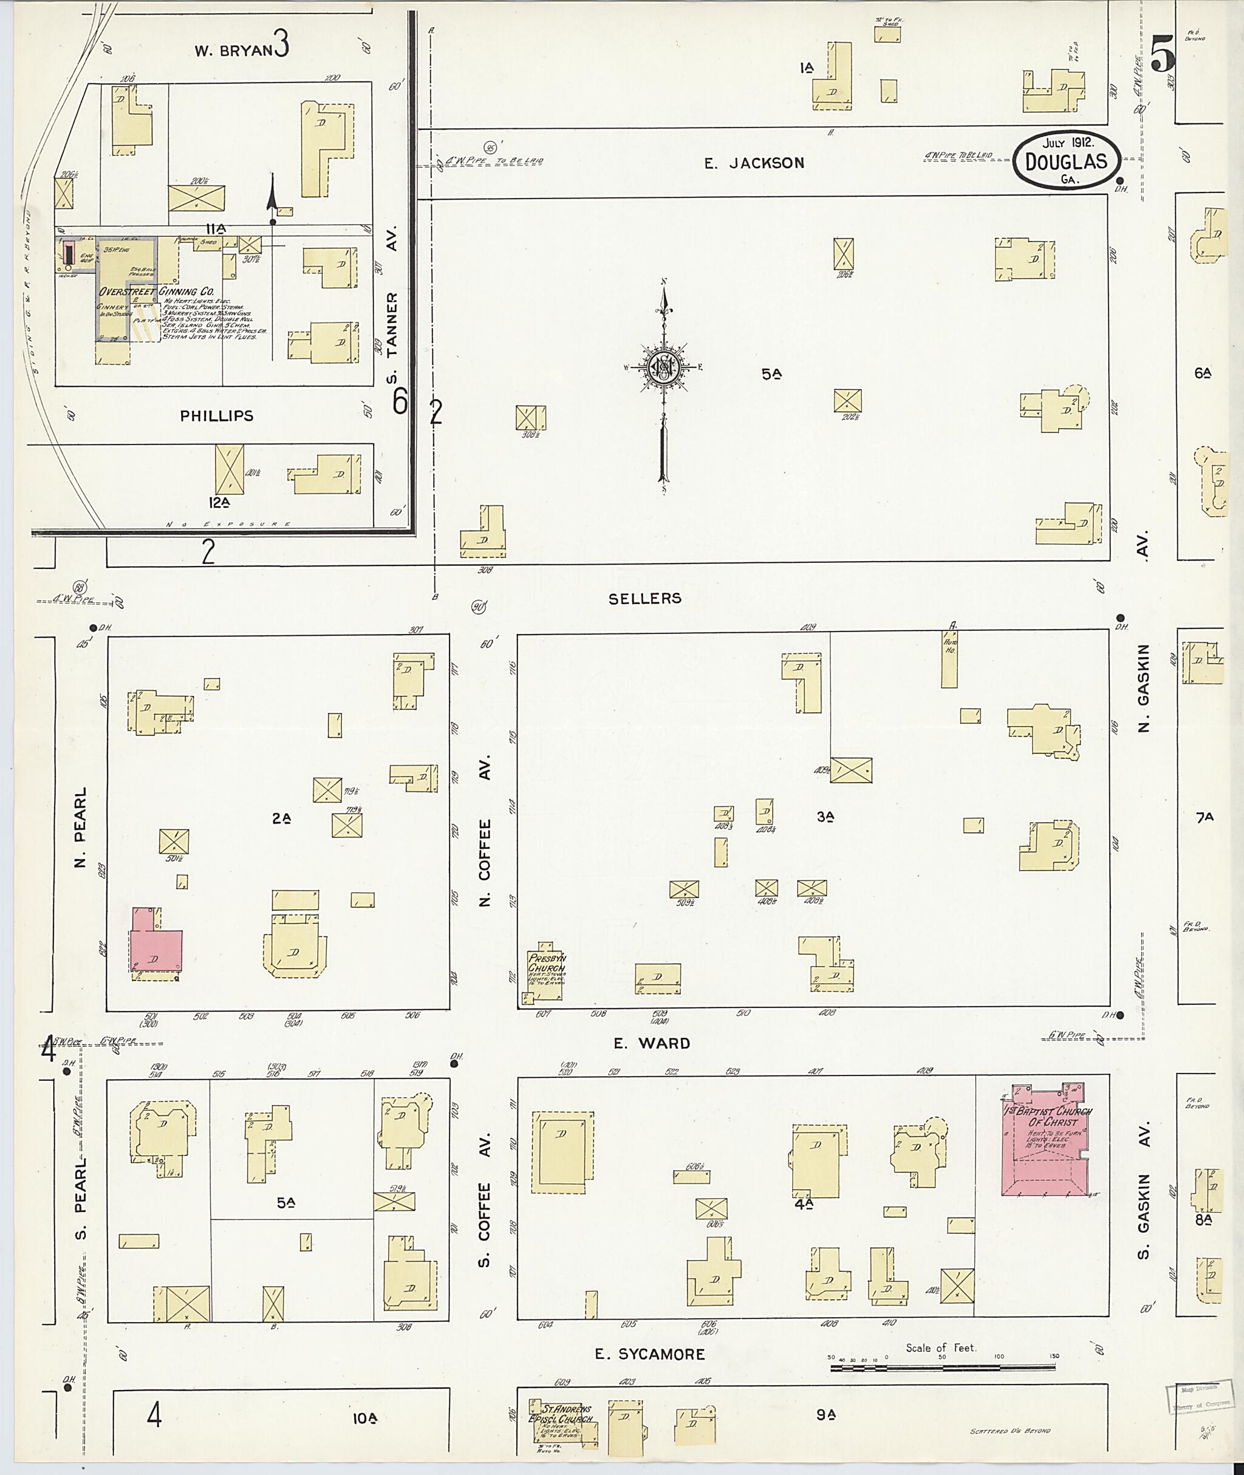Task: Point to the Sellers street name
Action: pos(645,599)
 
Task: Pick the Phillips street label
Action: pos(216,416)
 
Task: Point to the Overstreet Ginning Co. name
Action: pos(157,291)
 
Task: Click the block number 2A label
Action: pos(282,819)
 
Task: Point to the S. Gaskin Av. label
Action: pos(1143,1199)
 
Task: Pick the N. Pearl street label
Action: pos(80,828)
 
